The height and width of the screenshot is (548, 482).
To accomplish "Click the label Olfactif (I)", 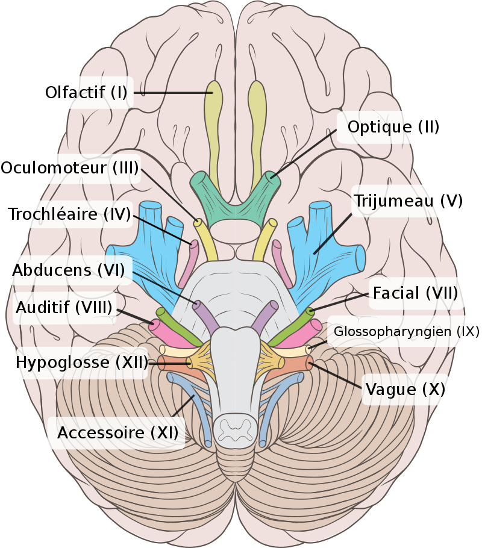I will pyautogui.click(x=86, y=93).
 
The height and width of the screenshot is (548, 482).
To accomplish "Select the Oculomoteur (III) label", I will pyautogui.click(x=72, y=167).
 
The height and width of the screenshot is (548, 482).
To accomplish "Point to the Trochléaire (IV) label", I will pyautogui.click(x=69, y=214).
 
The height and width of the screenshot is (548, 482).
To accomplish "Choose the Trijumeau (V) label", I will pyautogui.click(x=408, y=201).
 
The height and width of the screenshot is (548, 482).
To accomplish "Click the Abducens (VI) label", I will pyautogui.click(x=68, y=270).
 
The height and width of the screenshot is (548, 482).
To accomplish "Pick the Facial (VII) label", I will pyautogui.click(x=415, y=293).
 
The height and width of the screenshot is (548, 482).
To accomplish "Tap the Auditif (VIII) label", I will pyautogui.click(x=64, y=308).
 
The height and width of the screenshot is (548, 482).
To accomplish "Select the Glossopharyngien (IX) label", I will pyautogui.click(x=406, y=331).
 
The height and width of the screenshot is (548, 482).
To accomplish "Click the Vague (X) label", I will pyautogui.click(x=405, y=390).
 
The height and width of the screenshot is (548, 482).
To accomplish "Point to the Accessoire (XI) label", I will pyautogui.click(x=117, y=432).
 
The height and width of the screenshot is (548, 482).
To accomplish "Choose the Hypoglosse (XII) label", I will pyautogui.click(x=82, y=363).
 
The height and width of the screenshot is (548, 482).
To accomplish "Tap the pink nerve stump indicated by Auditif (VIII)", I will pyautogui.click(x=155, y=326).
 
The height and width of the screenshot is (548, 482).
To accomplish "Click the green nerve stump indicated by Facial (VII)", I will pyautogui.click(x=310, y=312).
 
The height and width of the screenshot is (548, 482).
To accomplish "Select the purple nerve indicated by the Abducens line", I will pyautogui.click(x=198, y=305).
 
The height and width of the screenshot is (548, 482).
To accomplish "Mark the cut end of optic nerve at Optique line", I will pyautogui.click(x=271, y=177).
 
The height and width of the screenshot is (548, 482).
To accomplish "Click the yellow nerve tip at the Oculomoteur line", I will pyautogui.click(x=198, y=223).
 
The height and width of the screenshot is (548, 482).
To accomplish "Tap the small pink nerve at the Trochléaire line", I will pyautogui.click(x=194, y=246).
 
